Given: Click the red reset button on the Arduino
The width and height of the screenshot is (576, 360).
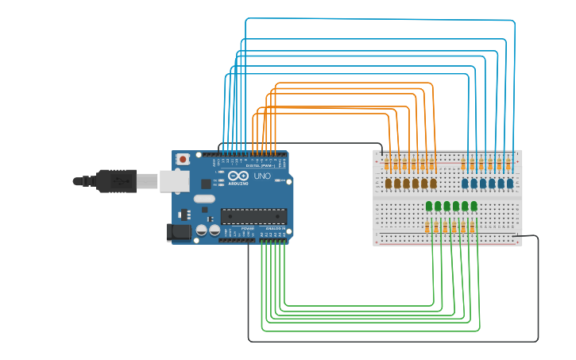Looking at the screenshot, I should click(x=184, y=159).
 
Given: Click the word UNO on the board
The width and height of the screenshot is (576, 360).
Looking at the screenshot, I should click(x=262, y=176).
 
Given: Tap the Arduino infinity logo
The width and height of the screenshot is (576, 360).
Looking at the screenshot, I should click(x=238, y=176).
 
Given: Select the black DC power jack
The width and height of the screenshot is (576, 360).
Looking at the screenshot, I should click(x=178, y=232).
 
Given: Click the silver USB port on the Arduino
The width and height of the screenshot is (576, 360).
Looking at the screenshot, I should click(x=175, y=181).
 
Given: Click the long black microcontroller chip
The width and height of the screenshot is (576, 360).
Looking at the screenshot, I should click(x=253, y=215).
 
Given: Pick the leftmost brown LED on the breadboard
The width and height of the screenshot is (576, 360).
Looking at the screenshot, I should click(x=389, y=184).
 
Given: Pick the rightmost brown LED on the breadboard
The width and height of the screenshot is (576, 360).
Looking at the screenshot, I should click(x=433, y=184).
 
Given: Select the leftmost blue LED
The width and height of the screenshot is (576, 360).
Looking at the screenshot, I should click(x=465, y=184).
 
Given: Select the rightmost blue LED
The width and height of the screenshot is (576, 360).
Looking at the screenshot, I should click(x=509, y=184).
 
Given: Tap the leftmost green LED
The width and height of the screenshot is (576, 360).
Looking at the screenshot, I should click(x=429, y=207).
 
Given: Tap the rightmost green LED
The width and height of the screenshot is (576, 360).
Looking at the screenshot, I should click(x=474, y=207).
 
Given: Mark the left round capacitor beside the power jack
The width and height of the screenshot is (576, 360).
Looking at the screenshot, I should click(x=202, y=230).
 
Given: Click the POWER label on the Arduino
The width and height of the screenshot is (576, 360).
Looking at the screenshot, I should click(x=247, y=228).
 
